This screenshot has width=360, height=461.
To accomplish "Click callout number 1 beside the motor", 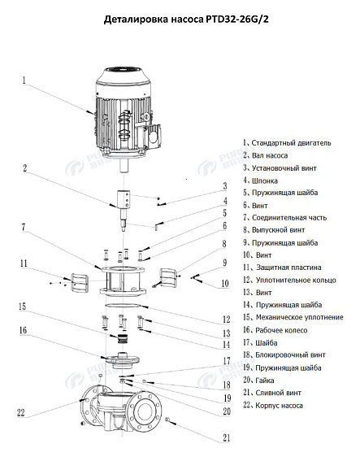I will coord(25,80).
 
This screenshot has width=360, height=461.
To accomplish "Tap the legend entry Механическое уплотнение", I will coord(297,316).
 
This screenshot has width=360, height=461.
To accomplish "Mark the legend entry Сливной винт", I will coord(279,392).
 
